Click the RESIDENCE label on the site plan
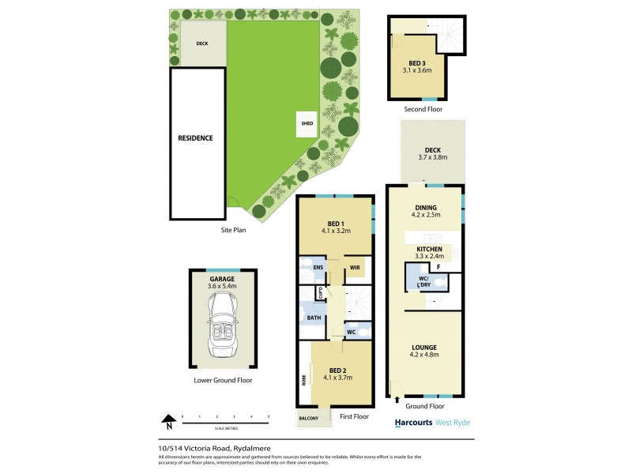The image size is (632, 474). coord(195,138)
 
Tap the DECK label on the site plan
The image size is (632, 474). coord(202,43)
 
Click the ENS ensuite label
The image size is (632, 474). coord(318,268)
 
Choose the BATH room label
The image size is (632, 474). coord(314,318)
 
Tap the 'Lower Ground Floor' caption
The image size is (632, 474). coord(223,380)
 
